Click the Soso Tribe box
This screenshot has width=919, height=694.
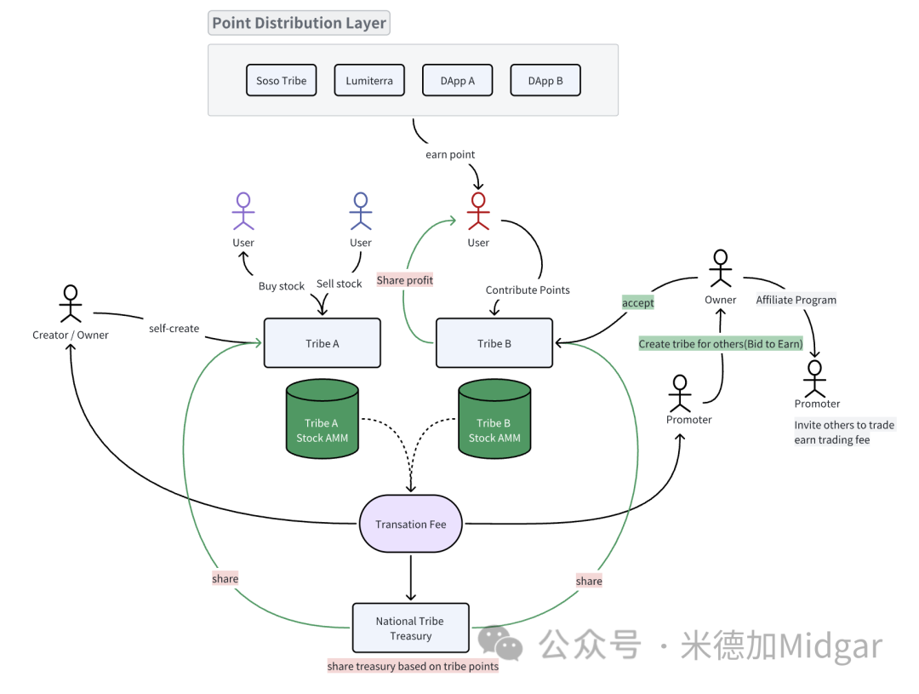pyautogui.click(x=281, y=81)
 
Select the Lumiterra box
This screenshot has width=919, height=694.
pyautogui.click(x=369, y=81)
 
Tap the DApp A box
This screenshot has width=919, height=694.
pyautogui.click(x=458, y=81)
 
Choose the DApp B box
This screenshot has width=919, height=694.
pyautogui.click(x=545, y=81)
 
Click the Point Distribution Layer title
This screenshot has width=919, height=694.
pyautogui.click(x=299, y=23)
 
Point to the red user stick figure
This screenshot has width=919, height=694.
pyautogui.click(x=478, y=211)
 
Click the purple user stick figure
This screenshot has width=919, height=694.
pyautogui.click(x=243, y=211)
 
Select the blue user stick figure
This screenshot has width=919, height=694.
pyautogui.click(x=361, y=211)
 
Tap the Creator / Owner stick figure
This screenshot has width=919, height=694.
pyautogui.click(x=70, y=304)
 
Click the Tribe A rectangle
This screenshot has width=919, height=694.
pyautogui.click(x=323, y=343)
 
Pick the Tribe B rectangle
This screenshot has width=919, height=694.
pyautogui.click(x=494, y=343)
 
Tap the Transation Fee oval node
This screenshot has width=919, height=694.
pyautogui.click(x=411, y=524)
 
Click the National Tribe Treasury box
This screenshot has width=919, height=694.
pyautogui.click(x=410, y=628)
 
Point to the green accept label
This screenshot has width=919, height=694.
pyautogui.click(x=638, y=303)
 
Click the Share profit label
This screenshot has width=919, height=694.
pyautogui.click(x=405, y=280)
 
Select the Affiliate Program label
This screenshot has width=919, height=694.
pyautogui.click(x=796, y=300)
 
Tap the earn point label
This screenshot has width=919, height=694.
pyautogui.click(x=450, y=155)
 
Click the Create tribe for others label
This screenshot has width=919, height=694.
pyautogui.click(x=721, y=344)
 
